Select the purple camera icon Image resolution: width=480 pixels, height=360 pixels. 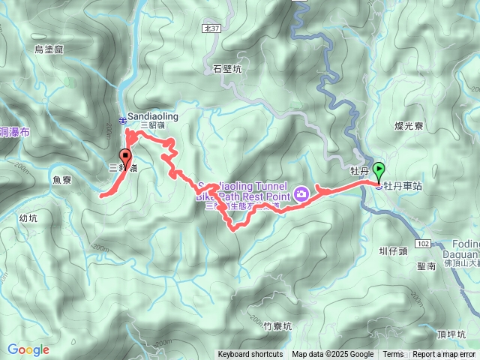click(x=301, y=194)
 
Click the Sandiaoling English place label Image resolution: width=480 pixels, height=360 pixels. click(x=153, y=117)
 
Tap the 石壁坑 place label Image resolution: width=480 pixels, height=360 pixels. click(x=226, y=70)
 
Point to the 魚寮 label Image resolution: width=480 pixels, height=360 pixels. click(x=62, y=180)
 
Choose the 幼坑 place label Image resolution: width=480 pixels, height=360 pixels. click(x=28, y=219)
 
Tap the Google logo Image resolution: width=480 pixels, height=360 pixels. click(x=28, y=349)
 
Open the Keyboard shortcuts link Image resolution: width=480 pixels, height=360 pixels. click(x=250, y=355)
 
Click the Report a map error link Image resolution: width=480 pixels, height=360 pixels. click(x=445, y=355)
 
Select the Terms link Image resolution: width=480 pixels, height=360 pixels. click(x=393, y=355)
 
